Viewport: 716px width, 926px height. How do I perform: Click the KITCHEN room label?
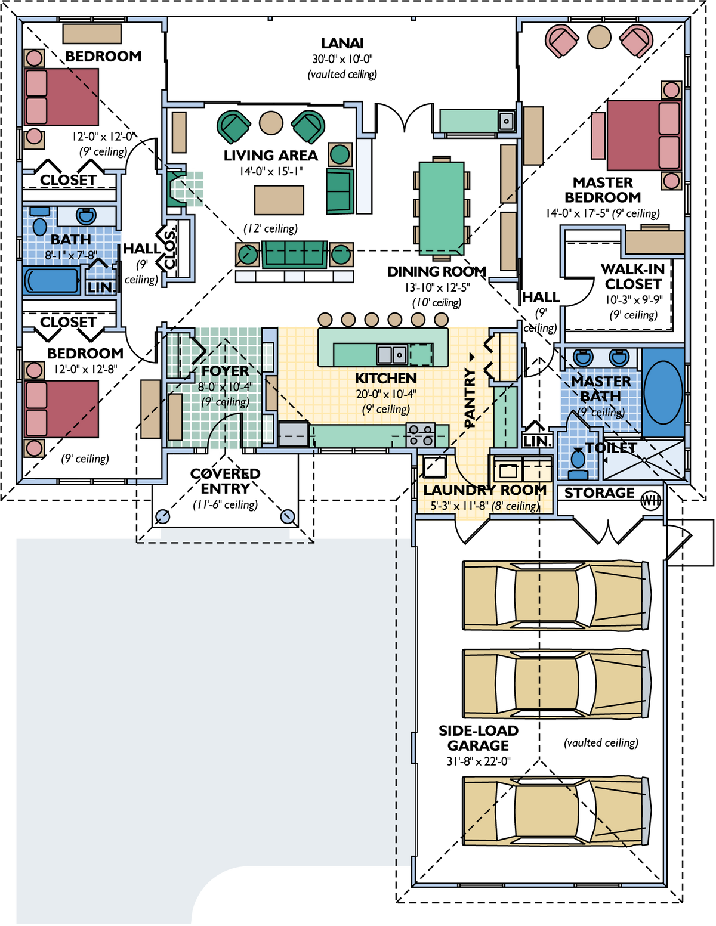pyautogui.click(x=385, y=379)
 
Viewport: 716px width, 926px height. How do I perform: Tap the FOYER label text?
pyautogui.click(x=225, y=371)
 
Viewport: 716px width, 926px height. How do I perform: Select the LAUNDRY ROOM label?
pyautogui.click(x=484, y=490)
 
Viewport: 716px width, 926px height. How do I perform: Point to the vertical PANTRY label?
pyautogui.click(x=470, y=398)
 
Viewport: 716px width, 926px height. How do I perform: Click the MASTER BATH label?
pyautogui.click(x=601, y=389)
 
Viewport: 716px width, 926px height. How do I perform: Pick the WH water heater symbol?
pyautogui.click(x=650, y=501)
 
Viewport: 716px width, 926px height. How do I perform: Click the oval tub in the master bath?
pyautogui.click(x=663, y=392)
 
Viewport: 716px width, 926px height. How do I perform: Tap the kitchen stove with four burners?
pyautogui.click(x=421, y=435)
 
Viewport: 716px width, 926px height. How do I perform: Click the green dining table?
pyautogui.click(x=442, y=208)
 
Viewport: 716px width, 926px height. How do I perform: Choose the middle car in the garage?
pyautogui.click(x=555, y=683)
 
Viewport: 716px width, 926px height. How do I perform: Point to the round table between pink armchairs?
pyautogui.click(x=599, y=37)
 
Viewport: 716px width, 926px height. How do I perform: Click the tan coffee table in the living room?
pyautogui.click(x=279, y=200)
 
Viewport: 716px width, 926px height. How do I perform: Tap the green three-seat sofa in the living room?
pyautogui.click(x=294, y=254)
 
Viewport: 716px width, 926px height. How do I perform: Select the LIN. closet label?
pyautogui.click(x=101, y=288)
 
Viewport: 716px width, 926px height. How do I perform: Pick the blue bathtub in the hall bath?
pyautogui.click(x=51, y=281)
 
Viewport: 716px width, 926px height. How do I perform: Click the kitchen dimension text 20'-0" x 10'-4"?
pyautogui.click(x=385, y=395)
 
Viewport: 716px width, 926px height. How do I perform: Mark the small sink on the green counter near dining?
pyautogui.click(x=506, y=122)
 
